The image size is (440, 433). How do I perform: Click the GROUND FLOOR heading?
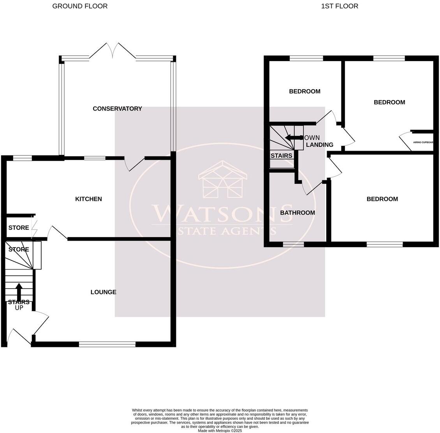80,6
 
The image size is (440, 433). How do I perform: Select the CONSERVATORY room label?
117,109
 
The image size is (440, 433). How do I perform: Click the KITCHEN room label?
88,199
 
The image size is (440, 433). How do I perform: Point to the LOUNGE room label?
103,292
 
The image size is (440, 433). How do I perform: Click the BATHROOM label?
297,213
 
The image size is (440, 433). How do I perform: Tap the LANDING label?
320,145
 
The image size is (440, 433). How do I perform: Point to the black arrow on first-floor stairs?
292,137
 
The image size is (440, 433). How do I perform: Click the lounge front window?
107,344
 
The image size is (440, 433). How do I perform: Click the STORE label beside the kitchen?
19,227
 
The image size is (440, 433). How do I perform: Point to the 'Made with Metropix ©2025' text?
220,431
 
